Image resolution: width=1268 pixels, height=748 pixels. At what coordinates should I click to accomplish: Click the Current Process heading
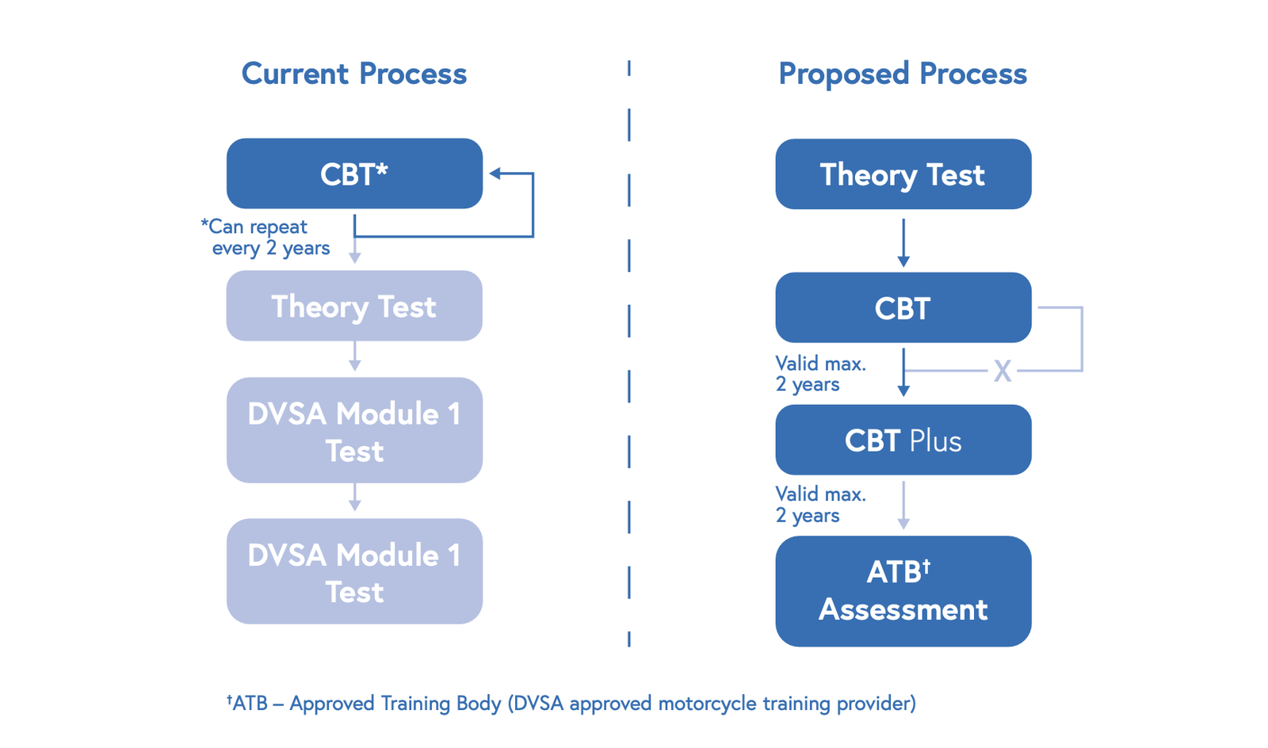coord(353,74)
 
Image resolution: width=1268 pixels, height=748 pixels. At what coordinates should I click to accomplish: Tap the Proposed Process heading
coord(902,74)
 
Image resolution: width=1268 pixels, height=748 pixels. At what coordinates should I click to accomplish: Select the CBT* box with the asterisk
coord(354,174)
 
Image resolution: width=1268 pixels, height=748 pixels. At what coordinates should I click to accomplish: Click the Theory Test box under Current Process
coord(354,306)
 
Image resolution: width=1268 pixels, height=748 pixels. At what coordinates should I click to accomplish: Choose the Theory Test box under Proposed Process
coord(903,174)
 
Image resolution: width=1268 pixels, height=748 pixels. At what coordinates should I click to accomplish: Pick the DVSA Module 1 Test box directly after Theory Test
coord(354,430)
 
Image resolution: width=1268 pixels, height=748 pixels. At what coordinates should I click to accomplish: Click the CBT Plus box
coord(903,440)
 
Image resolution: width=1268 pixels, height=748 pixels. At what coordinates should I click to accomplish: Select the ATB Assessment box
coord(903,591)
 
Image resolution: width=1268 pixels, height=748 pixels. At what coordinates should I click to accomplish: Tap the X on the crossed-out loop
coord(1003,371)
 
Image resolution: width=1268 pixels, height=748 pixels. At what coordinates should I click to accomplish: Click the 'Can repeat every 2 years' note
coord(265,237)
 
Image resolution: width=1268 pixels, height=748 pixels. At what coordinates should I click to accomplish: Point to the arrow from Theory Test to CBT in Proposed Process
coord(903,242)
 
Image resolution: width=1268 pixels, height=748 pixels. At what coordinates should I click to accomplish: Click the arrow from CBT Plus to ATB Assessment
coord(903,506)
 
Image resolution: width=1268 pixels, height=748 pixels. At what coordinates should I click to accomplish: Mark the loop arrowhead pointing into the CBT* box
coord(495,174)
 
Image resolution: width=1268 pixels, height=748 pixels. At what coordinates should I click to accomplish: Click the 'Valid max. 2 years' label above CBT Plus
coord(820,374)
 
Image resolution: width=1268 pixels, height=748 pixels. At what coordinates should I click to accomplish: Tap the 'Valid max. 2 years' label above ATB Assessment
coord(820,505)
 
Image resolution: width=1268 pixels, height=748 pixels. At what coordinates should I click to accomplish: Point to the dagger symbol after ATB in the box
coord(926,566)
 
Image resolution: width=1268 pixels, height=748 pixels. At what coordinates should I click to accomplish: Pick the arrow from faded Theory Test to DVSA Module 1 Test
coord(354,357)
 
